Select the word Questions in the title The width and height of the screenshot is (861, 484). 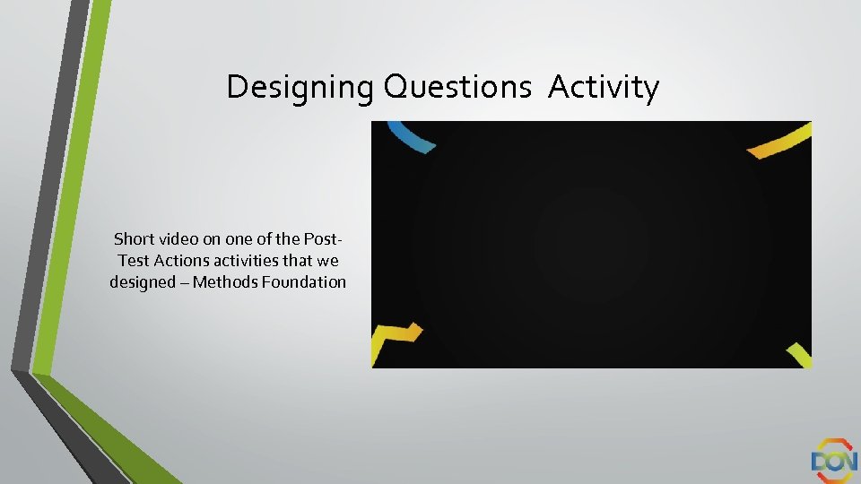[457, 88]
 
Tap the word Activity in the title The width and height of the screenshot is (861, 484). [604, 87]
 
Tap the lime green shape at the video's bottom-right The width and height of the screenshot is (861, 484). [800, 355]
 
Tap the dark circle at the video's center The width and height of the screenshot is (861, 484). [591, 243]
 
